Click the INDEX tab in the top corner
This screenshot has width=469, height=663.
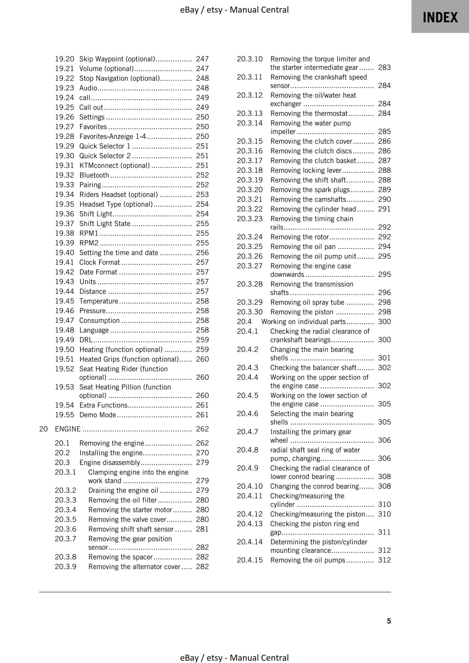tap(440, 17)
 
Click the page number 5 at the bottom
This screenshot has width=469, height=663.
tap(389, 621)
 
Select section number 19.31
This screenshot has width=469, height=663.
tap(64, 165)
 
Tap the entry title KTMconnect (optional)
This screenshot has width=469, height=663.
tap(115, 165)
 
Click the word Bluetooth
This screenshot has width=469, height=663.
tap(94, 175)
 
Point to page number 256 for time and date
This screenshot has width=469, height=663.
tap(202, 253)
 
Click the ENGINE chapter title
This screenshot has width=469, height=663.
tap(68, 429)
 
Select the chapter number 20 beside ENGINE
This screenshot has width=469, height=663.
tap(43, 429)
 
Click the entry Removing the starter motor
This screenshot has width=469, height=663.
tap(130, 510)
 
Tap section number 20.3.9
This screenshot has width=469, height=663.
tap(66, 566)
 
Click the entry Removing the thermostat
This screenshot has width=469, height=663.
tap(309, 113)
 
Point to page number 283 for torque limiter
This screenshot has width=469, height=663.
tap(384, 67)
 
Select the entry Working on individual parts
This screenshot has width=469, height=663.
tap(303, 322)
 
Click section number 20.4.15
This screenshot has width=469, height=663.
tap(249, 560)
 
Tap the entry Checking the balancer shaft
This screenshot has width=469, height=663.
tap(313, 368)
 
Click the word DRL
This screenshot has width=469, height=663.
tap(86, 340)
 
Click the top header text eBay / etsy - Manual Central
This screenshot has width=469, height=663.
tap(234, 10)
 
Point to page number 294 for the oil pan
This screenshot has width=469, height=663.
tap(384, 246)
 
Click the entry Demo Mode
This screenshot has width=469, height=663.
tap(97, 415)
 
